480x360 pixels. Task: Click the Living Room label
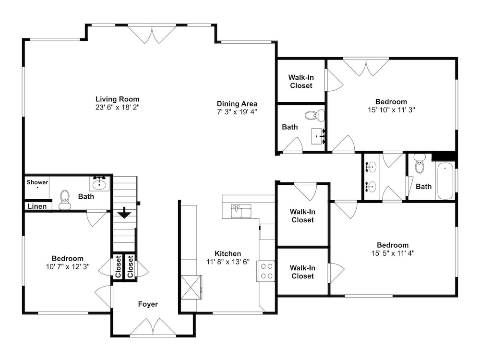pos(117,99)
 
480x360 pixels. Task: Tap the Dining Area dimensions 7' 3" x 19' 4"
pos(237,112)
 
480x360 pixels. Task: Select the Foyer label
pos(148,304)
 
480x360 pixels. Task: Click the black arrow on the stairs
pos(125,213)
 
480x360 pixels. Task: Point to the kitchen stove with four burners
pos(266,271)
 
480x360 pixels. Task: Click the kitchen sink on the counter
pos(241,211)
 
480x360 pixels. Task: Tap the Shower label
pos(37,182)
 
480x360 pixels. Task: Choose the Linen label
pos(37,206)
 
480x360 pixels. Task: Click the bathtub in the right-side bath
pos(445,181)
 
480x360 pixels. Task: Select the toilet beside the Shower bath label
pos(65,200)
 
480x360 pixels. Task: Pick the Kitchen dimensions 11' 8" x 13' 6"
pos(228,262)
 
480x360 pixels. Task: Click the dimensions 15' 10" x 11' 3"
pos(391,110)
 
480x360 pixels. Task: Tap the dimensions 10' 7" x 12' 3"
pos(68,266)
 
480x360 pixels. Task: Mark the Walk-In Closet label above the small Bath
pos(301,82)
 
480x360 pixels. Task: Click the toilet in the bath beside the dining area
pos(315,115)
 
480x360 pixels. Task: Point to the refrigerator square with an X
pos(192,287)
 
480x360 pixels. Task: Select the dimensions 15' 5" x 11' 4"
pos(393,253)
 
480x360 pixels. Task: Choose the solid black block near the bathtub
pos(444,156)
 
